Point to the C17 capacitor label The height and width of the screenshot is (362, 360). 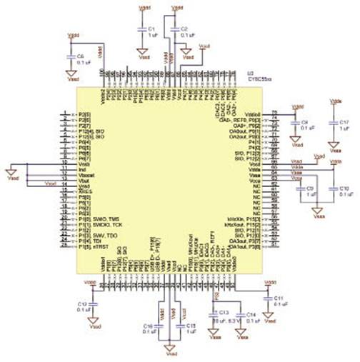(x=344, y=122)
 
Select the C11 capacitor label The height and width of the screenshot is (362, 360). (x=279, y=296)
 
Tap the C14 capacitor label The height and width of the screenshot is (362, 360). (x=250, y=314)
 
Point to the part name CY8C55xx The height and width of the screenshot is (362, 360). (x=256, y=79)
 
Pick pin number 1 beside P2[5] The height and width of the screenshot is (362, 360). (x=66, y=115)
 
